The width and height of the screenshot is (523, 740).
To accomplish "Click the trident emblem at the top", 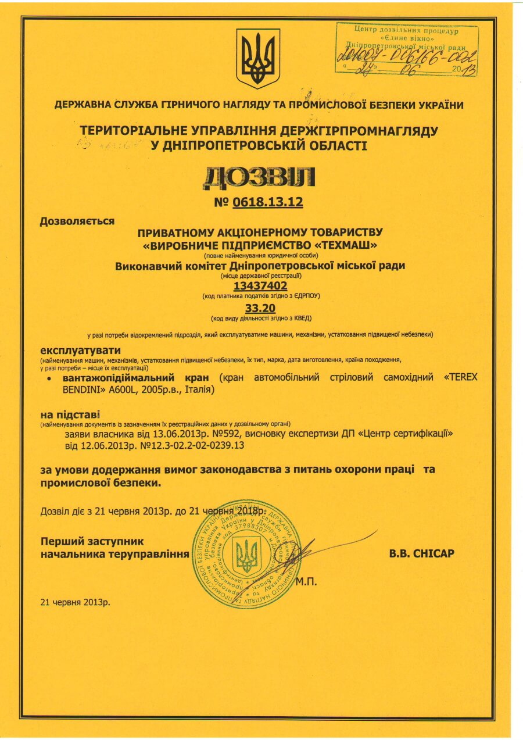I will pyautogui.click(x=258, y=58).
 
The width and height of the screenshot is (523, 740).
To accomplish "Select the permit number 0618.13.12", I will pyautogui.click(x=268, y=203).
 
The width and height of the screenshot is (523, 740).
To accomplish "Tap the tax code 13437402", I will pyautogui.click(x=261, y=286).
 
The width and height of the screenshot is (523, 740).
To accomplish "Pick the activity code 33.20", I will pyautogui.click(x=261, y=308).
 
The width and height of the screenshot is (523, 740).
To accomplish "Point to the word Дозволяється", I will pyautogui.click(x=77, y=221).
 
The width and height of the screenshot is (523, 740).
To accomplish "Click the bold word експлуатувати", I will pyautogui.click(x=81, y=351).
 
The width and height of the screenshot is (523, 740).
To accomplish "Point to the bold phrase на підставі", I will pyautogui.click(x=70, y=415).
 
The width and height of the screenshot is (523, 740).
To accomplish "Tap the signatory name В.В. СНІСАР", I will pyautogui.click(x=421, y=554).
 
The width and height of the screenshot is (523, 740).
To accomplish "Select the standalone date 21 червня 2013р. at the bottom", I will pyautogui.click(x=75, y=602).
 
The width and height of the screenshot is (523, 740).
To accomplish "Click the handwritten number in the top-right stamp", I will pyautogui.click(x=407, y=56).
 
